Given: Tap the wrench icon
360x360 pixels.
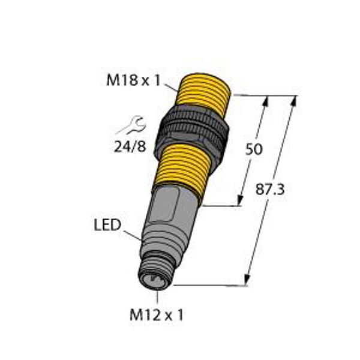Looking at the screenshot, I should (x=131, y=126).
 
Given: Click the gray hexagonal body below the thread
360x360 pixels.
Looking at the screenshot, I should (x=170, y=207).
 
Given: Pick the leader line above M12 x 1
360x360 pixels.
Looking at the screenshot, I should (x=158, y=296).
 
